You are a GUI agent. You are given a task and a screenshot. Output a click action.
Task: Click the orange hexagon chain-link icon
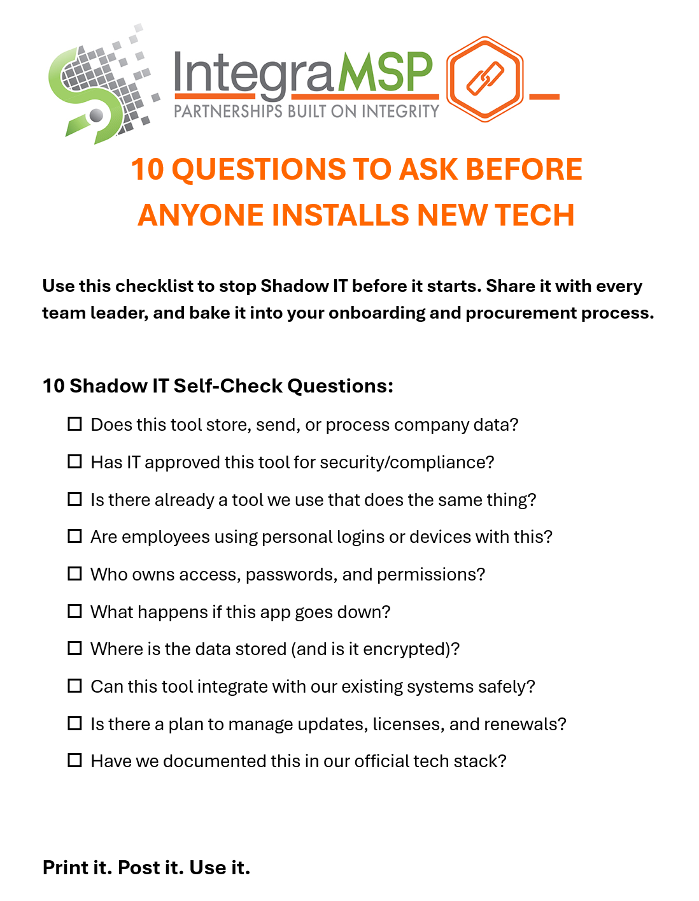[484, 79]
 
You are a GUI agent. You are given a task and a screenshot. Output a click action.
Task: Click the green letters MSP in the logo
[385, 71]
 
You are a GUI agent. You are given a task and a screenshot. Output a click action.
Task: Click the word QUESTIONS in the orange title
[259, 170]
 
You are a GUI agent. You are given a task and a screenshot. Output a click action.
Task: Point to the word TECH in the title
[534, 215]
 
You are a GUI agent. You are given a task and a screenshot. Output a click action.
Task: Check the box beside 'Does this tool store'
[74, 424]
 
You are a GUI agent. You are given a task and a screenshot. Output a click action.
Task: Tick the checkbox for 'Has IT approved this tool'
[74, 461]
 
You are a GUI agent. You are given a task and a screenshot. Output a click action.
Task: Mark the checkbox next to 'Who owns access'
[74, 574]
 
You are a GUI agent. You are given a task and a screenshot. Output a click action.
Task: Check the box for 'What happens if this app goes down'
[74, 611]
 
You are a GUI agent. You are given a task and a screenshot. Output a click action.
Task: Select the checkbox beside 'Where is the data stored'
[74, 649]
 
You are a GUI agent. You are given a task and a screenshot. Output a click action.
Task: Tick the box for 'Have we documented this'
[74, 760]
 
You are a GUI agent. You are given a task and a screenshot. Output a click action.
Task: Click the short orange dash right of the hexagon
[544, 97]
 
